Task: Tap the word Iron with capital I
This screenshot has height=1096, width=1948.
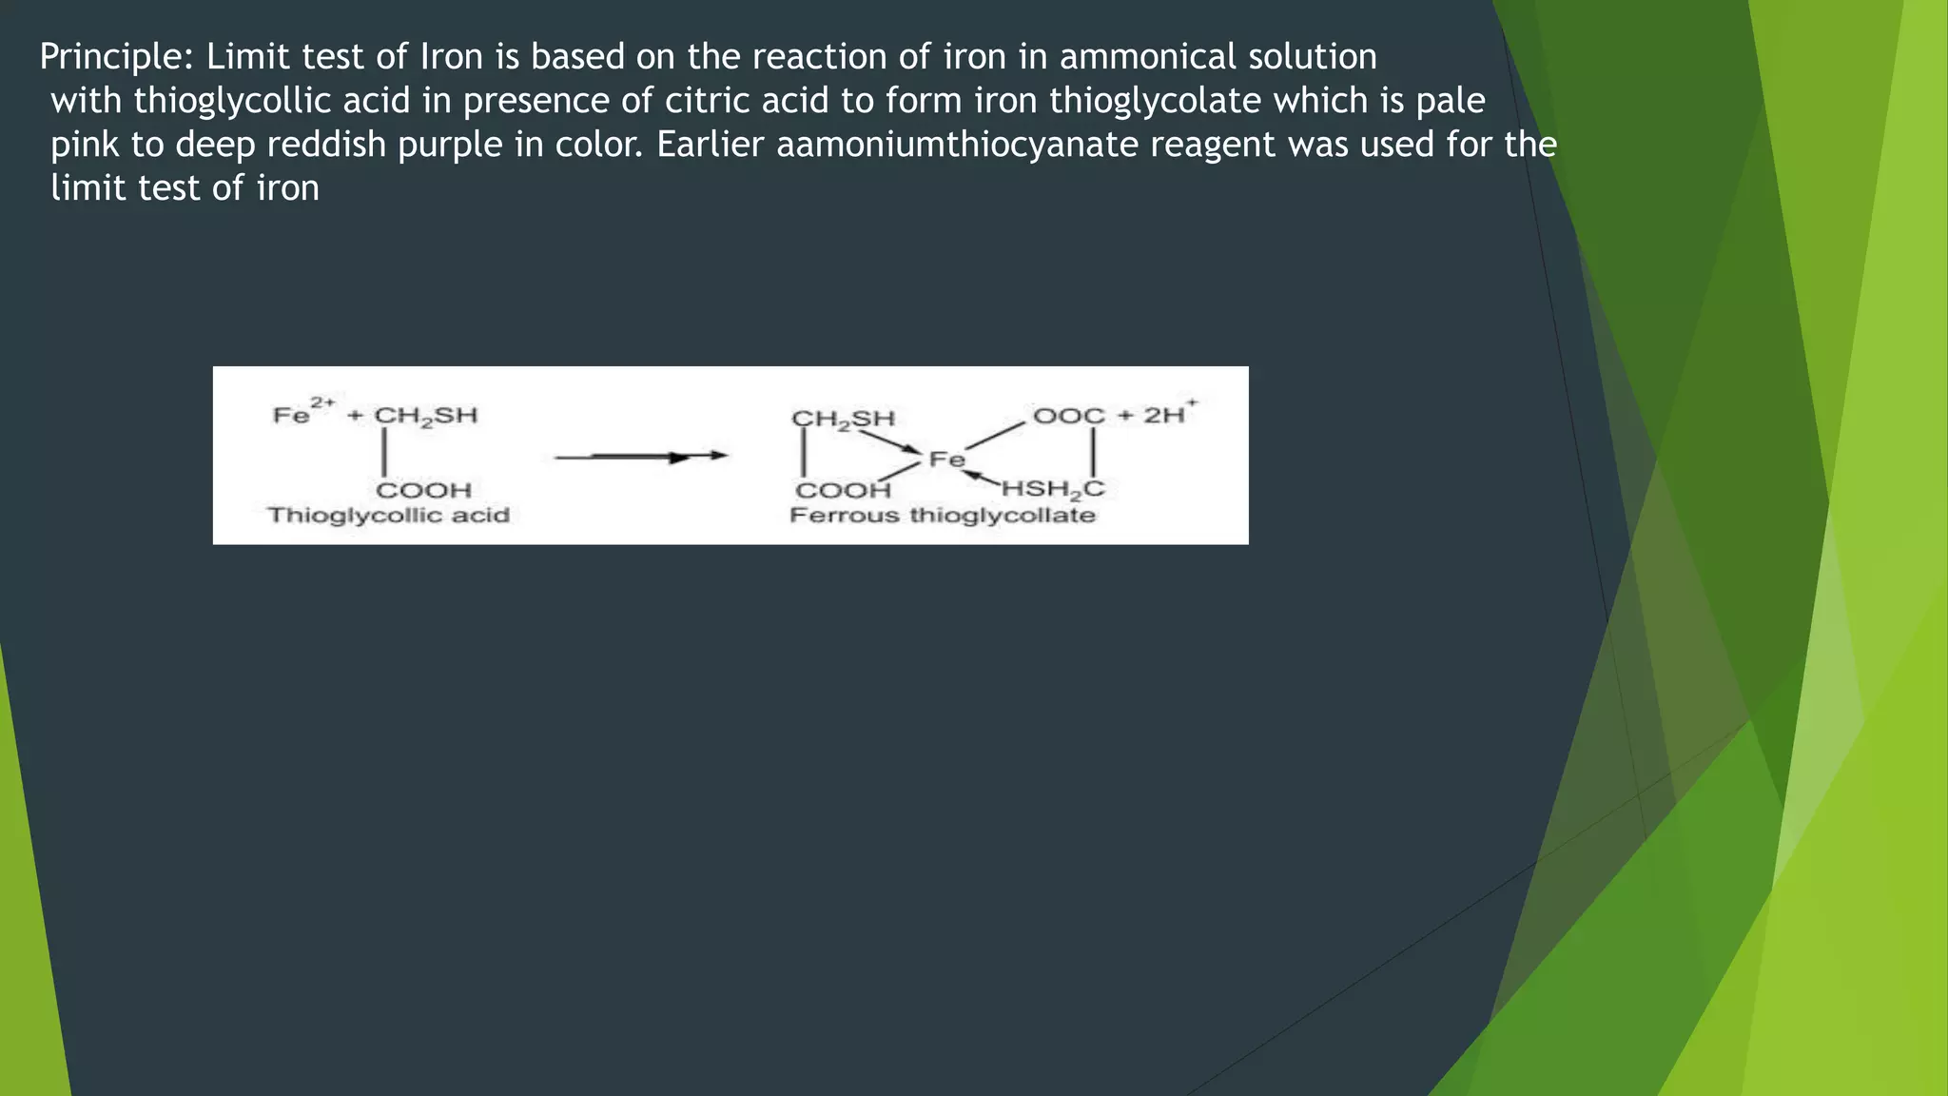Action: click(452, 57)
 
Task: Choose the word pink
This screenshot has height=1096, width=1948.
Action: click(85, 145)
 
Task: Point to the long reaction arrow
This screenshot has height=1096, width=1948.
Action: click(640, 458)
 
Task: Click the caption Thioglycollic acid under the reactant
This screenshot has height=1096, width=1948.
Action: click(388, 516)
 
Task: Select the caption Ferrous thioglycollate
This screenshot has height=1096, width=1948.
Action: click(943, 516)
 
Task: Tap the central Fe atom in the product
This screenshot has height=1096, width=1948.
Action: click(946, 460)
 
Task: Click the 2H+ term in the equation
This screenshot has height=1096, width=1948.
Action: click(1169, 414)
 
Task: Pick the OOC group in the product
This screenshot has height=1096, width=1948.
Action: click(1068, 416)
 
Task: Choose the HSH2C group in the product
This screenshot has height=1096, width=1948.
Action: click(1053, 490)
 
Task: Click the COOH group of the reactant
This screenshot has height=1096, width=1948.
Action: click(423, 491)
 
